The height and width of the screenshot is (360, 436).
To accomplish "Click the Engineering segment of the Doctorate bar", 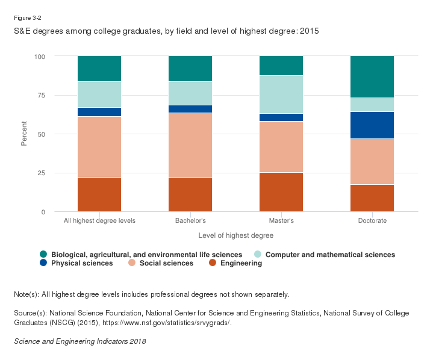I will click(x=372, y=198).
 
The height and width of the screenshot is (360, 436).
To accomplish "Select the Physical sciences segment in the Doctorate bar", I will click(x=372, y=125).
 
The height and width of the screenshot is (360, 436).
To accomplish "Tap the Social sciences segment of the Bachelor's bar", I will click(x=190, y=145).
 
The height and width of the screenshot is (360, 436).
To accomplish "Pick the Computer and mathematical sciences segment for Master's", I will click(x=281, y=94).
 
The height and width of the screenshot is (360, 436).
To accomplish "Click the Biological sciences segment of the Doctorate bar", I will click(x=372, y=76).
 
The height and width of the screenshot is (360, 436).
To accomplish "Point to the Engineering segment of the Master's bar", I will click(x=281, y=192).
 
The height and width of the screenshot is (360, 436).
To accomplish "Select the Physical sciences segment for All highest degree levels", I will click(x=99, y=112).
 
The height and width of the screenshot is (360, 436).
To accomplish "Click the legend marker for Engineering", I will click(x=213, y=263).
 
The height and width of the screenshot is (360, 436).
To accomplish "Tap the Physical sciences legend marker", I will click(x=43, y=263).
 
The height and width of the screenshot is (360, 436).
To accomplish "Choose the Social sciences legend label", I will click(x=167, y=263).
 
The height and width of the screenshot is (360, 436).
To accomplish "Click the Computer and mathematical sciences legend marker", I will click(x=257, y=255).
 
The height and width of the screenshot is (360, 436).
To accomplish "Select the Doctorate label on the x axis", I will click(x=372, y=221).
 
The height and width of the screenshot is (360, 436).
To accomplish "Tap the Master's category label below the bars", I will click(x=281, y=221).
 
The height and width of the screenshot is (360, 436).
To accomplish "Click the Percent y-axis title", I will click(x=25, y=134).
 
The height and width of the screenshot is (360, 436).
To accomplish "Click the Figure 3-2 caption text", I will click(x=26, y=17).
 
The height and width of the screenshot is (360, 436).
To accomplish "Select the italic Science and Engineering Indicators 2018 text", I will click(x=79, y=341).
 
